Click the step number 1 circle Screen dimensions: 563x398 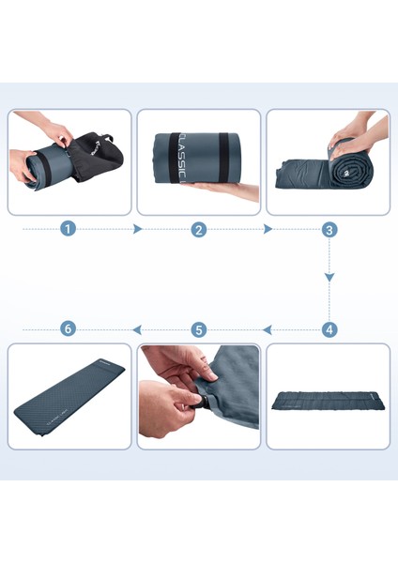pyautogui.click(x=68, y=229)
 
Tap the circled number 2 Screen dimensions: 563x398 pyautogui.click(x=198, y=229)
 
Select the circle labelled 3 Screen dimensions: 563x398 pyautogui.click(x=329, y=229)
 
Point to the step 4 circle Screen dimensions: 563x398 pyautogui.click(x=329, y=329)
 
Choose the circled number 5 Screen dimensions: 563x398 pyautogui.click(x=198, y=329)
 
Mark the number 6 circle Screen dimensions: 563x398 pyautogui.click(x=68, y=329)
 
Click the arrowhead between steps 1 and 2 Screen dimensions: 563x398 pyautogui.click(x=138, y=229)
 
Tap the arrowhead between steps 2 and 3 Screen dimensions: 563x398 pyautogui.click(x=268, y=229)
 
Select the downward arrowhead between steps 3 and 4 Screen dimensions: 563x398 pyautogui.click(x=329, y=278)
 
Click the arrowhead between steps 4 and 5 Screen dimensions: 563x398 pyautogui.click(x=268, y=329)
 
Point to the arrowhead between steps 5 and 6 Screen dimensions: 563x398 pyautogui.click(x=137, y=329)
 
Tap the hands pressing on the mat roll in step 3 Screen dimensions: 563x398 pyautogui.click(x=357, y=131)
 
